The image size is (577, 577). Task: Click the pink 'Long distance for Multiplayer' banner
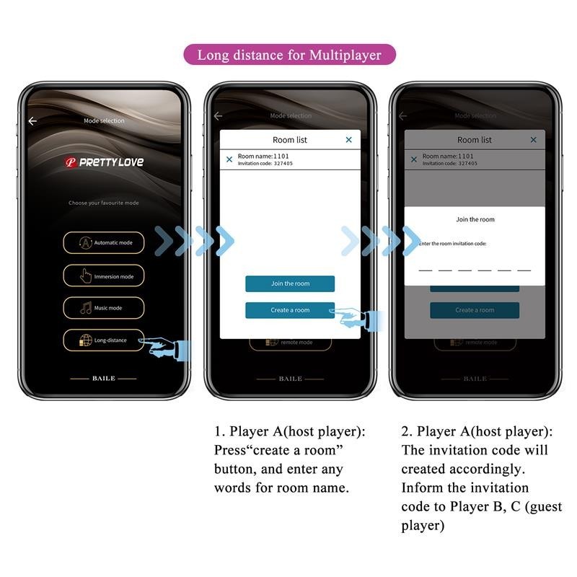pos(289,55)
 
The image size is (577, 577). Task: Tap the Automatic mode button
pos(103,243)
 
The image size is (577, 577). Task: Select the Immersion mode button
pos(103,276)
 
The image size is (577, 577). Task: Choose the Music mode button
pos(103,308)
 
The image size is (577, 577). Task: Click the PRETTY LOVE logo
pos(104,162)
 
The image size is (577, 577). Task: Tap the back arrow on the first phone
pos(32,121)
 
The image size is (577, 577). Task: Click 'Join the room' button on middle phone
pos(290,283)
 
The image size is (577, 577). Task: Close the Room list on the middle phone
pos(349,140)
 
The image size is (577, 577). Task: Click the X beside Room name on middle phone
pos(229,159)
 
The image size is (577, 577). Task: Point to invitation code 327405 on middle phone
pos(283,164)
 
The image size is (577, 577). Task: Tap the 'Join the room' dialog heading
pos(475,219)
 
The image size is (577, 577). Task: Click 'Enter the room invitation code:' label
pos(452,244)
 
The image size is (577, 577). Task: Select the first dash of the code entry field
pos(426,270)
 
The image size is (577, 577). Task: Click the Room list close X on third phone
pos(534,140)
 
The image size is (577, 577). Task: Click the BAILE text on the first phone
pos(103,378)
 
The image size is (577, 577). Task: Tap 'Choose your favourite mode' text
pos(103,203)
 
